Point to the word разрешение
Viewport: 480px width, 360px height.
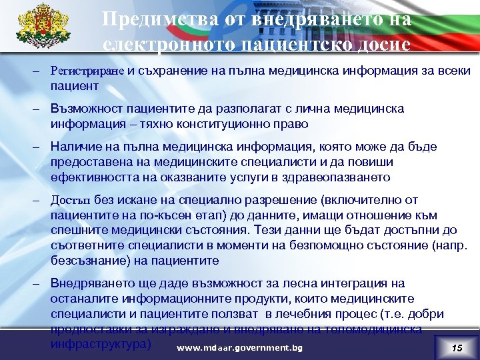(x=287, y=199)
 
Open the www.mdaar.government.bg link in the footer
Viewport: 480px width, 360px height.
(x=238, y=348)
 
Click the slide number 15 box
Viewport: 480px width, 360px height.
(x=456, y=348)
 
